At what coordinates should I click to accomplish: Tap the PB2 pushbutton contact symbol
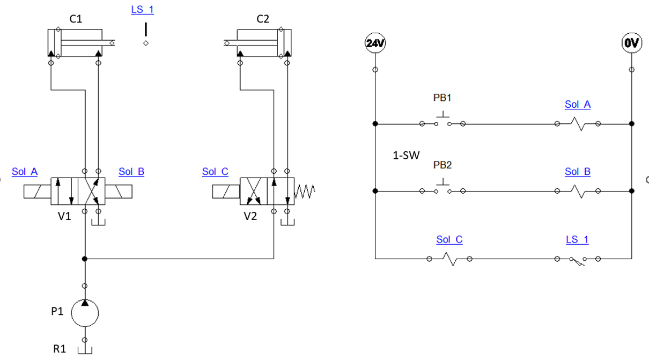point(442,188)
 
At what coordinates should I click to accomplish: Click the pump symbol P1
point(85,313)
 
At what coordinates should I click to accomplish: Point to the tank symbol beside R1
point(85,350)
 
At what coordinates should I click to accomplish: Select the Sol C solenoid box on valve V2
point(226,191)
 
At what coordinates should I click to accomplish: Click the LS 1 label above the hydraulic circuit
point(143,10)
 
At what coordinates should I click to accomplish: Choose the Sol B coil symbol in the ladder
point(578,190)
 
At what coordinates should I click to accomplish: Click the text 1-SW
point(405,156)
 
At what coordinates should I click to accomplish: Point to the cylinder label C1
point(76,19)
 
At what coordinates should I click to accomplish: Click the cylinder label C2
point(263,19)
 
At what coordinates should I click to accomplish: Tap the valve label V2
point(250,217)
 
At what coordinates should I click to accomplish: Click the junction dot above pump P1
point(85,259)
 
